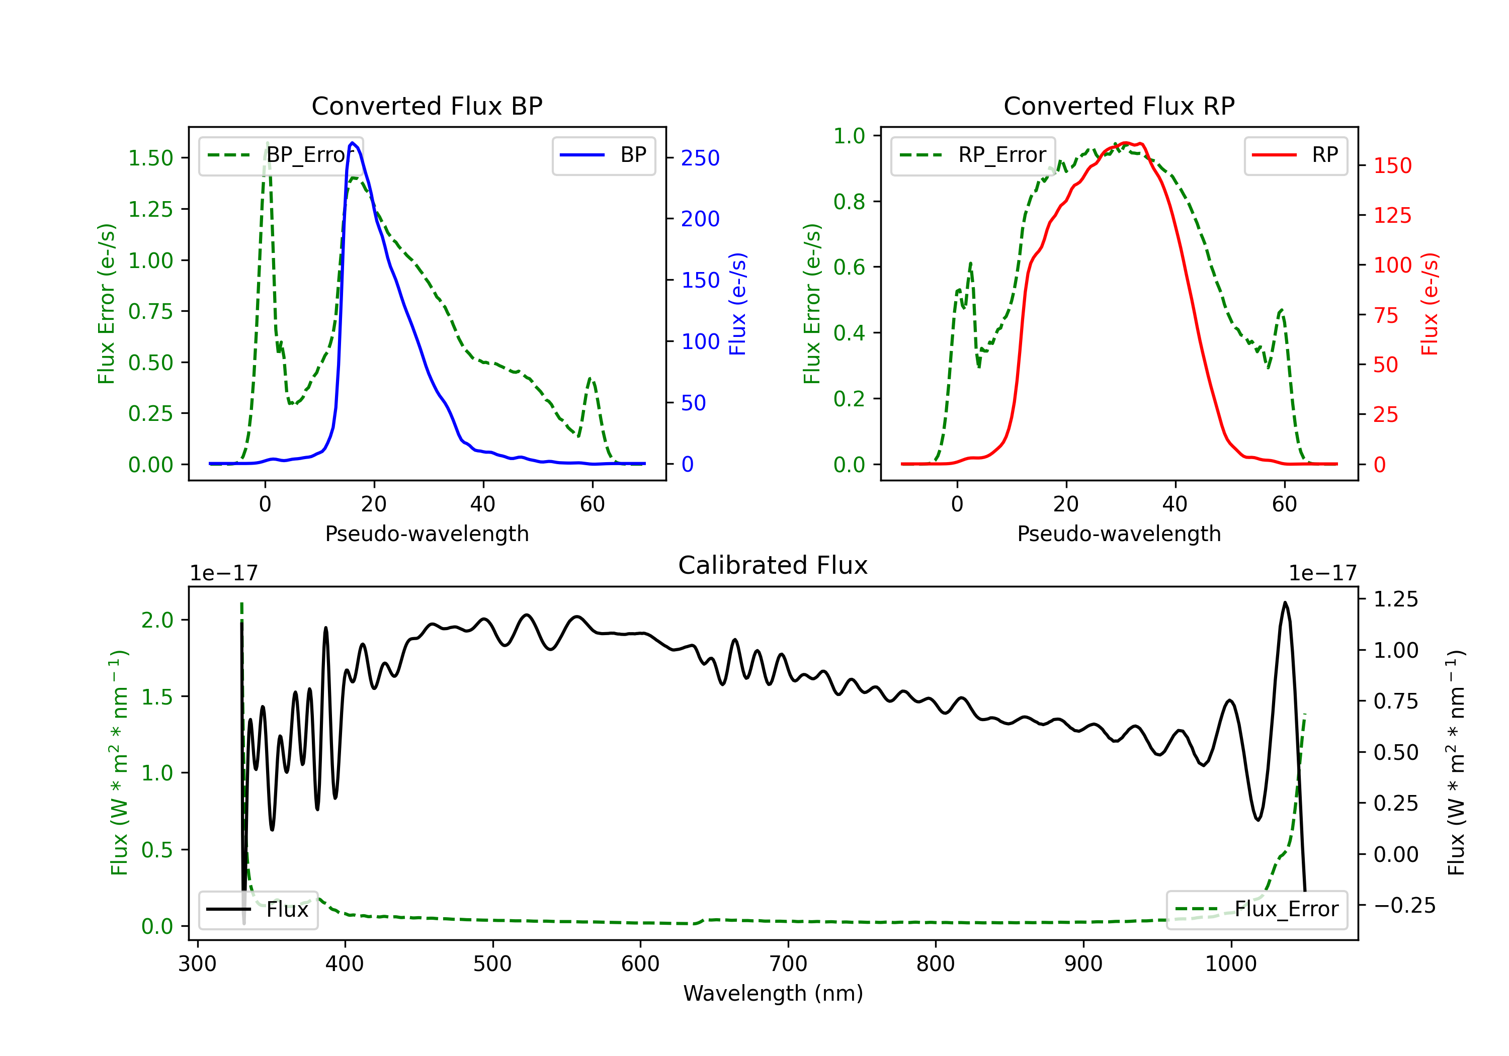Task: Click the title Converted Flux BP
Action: click(427, 106)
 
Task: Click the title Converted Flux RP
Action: click(1119, 106)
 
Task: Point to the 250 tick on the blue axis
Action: click(700, 158)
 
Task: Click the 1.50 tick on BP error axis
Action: click(150, 158)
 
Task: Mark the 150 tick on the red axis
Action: click(1392, 165)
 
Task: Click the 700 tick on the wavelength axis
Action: click(788, 963)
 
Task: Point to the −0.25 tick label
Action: click(1404, 906)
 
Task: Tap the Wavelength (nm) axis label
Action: click(773, 993)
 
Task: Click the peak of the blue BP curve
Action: click(352, 143)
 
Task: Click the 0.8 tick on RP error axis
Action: click(849, 202)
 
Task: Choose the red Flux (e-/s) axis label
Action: click(1430, 304)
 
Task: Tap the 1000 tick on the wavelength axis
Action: click(1230, 963)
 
